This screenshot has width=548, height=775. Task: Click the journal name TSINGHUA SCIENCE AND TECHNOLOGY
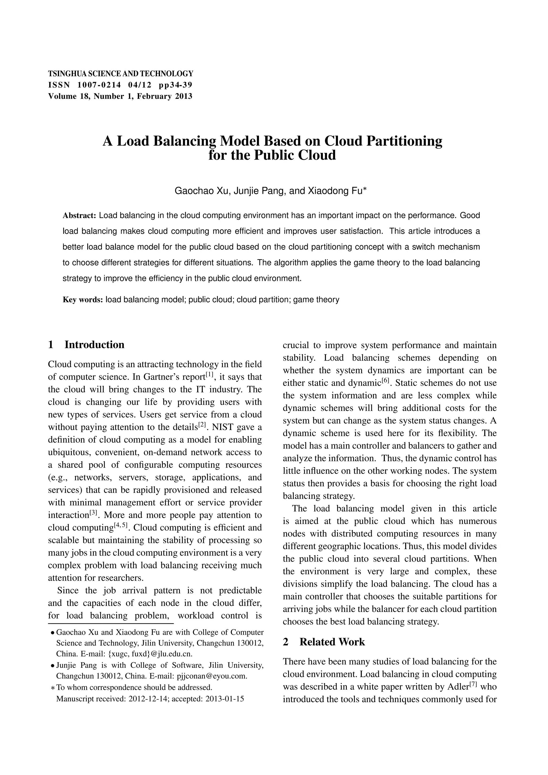[x=120, y=74]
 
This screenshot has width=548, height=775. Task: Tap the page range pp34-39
[x=176, y=85]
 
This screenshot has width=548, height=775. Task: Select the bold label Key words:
[x=83, y=300]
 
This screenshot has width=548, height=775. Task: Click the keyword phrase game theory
[x=316, y=300]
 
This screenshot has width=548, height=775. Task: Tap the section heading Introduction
[x=94, y=345]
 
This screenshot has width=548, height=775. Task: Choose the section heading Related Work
[x=332, y=642]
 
